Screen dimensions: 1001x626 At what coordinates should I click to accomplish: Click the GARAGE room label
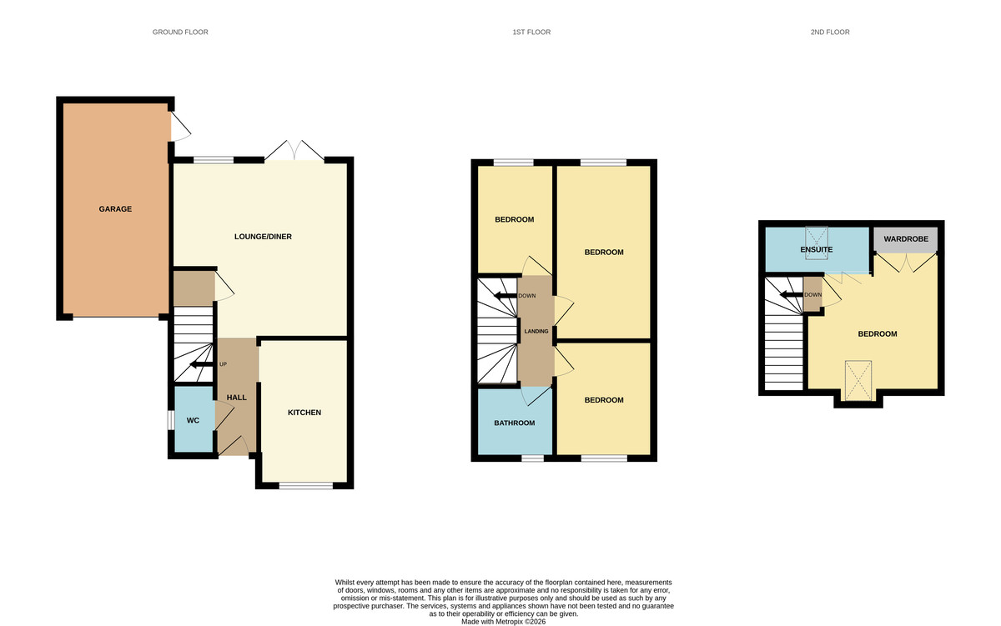tap(115, 209)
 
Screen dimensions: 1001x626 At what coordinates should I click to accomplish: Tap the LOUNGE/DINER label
tap(263, 237)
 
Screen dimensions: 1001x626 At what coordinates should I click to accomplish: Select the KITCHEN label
tap(304, 413)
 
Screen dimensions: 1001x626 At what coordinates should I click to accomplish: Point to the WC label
tap(193, 421)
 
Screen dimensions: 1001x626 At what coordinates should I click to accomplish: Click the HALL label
tap(236, 398)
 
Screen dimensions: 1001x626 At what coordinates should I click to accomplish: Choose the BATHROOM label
tap(515, 423)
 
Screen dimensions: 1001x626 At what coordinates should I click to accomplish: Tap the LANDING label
tap(536, 331)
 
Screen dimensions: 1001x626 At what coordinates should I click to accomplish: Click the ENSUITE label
tap(817, 249)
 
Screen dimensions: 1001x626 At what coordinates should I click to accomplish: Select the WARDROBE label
tap(906, 239)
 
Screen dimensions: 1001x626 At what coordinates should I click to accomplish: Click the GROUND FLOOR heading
tap(180, 33)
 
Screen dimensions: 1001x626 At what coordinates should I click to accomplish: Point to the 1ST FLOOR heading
tap(531, 33)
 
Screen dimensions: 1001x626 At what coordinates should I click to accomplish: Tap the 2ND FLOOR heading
tap(830, 33)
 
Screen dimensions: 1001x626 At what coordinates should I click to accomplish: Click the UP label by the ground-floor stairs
tap(223, 364)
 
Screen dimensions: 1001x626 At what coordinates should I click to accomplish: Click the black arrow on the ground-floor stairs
tap(202, 365)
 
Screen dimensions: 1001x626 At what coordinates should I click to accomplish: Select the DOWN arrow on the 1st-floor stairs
tap(506, 295)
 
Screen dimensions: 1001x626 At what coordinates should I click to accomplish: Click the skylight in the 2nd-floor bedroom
tap(858, 380)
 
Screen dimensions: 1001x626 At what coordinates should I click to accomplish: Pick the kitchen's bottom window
tap(306, 486)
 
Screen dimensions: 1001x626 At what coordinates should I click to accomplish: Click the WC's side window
tap(171, 421)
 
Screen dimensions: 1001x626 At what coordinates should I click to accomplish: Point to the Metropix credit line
tap(504, 622)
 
